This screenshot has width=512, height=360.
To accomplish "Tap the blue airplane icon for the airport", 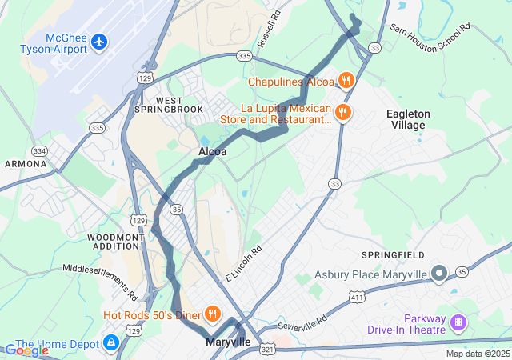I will (99, 40).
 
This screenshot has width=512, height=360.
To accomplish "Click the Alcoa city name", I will (213, 151).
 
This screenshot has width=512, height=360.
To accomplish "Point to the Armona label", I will (25, 164).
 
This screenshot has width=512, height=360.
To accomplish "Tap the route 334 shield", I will (39, 150).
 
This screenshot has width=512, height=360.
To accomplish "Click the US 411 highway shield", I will (355, 298).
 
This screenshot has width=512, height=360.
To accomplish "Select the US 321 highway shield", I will (267, 350).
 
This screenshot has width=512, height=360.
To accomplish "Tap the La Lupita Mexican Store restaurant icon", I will (343, 111).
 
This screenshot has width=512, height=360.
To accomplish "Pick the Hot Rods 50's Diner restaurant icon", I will (213, 314).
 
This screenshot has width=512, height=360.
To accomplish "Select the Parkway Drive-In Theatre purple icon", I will (458, 322).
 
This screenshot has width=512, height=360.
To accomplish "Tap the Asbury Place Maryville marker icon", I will (438, 274).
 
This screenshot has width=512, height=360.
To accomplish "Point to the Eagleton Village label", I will (408, 120).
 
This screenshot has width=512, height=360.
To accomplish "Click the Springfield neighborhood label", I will (398, 254).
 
